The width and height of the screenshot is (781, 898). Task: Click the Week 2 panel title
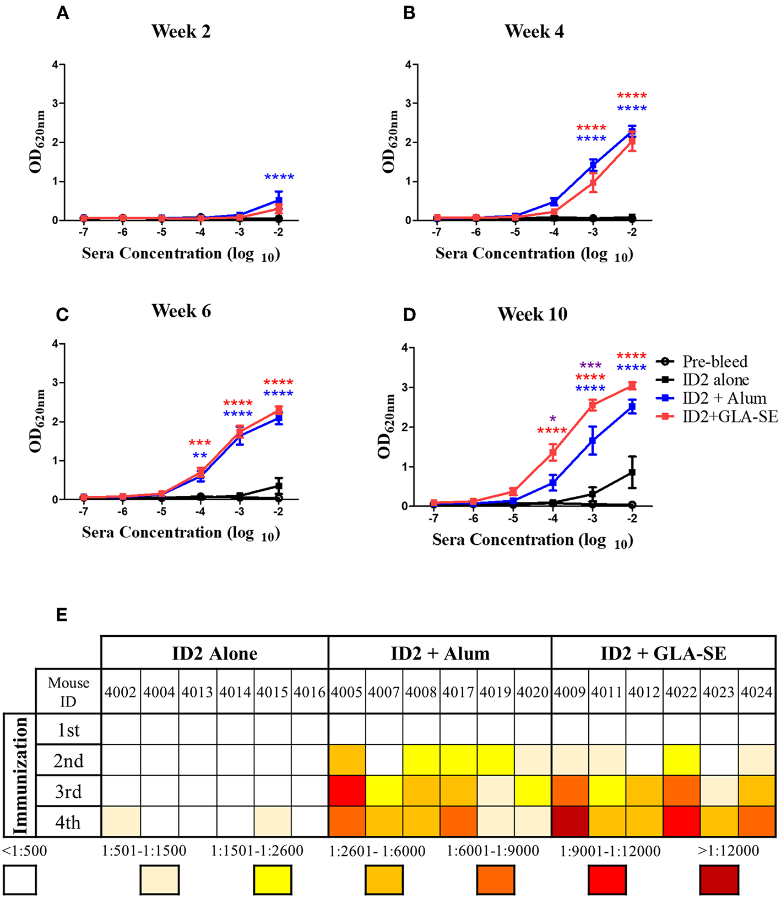click(181, 31)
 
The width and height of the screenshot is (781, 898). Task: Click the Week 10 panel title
click(532, 314)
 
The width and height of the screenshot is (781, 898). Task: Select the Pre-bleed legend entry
click(714, 362)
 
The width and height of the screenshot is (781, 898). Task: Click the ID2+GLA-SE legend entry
click(730, 416)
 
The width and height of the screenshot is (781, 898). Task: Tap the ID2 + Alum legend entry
click(724, 398)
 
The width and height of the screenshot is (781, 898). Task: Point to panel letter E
click(62, 615)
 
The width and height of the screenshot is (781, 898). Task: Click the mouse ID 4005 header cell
click(347, 692)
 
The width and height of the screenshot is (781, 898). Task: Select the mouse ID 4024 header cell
click(757, 692)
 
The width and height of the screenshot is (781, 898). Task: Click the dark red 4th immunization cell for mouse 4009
click(570, 822)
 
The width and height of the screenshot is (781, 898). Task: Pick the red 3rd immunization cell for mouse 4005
click(347, 791)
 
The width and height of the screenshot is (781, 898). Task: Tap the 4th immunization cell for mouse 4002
click(121, 822)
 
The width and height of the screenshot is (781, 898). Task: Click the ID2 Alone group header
click(215, 653)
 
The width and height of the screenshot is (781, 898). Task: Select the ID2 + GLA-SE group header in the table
click(663, 653)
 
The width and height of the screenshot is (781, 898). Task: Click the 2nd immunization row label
click(68, 761)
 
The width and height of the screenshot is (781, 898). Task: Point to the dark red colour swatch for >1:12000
click(719, 879)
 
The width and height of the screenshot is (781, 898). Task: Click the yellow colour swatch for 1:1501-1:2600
click(273, 879)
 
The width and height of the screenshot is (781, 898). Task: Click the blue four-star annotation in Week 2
click(279, 177)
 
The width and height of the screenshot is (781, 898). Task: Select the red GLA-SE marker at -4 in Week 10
click(553, 453)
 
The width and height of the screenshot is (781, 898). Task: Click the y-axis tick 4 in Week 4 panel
click(408, 65)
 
